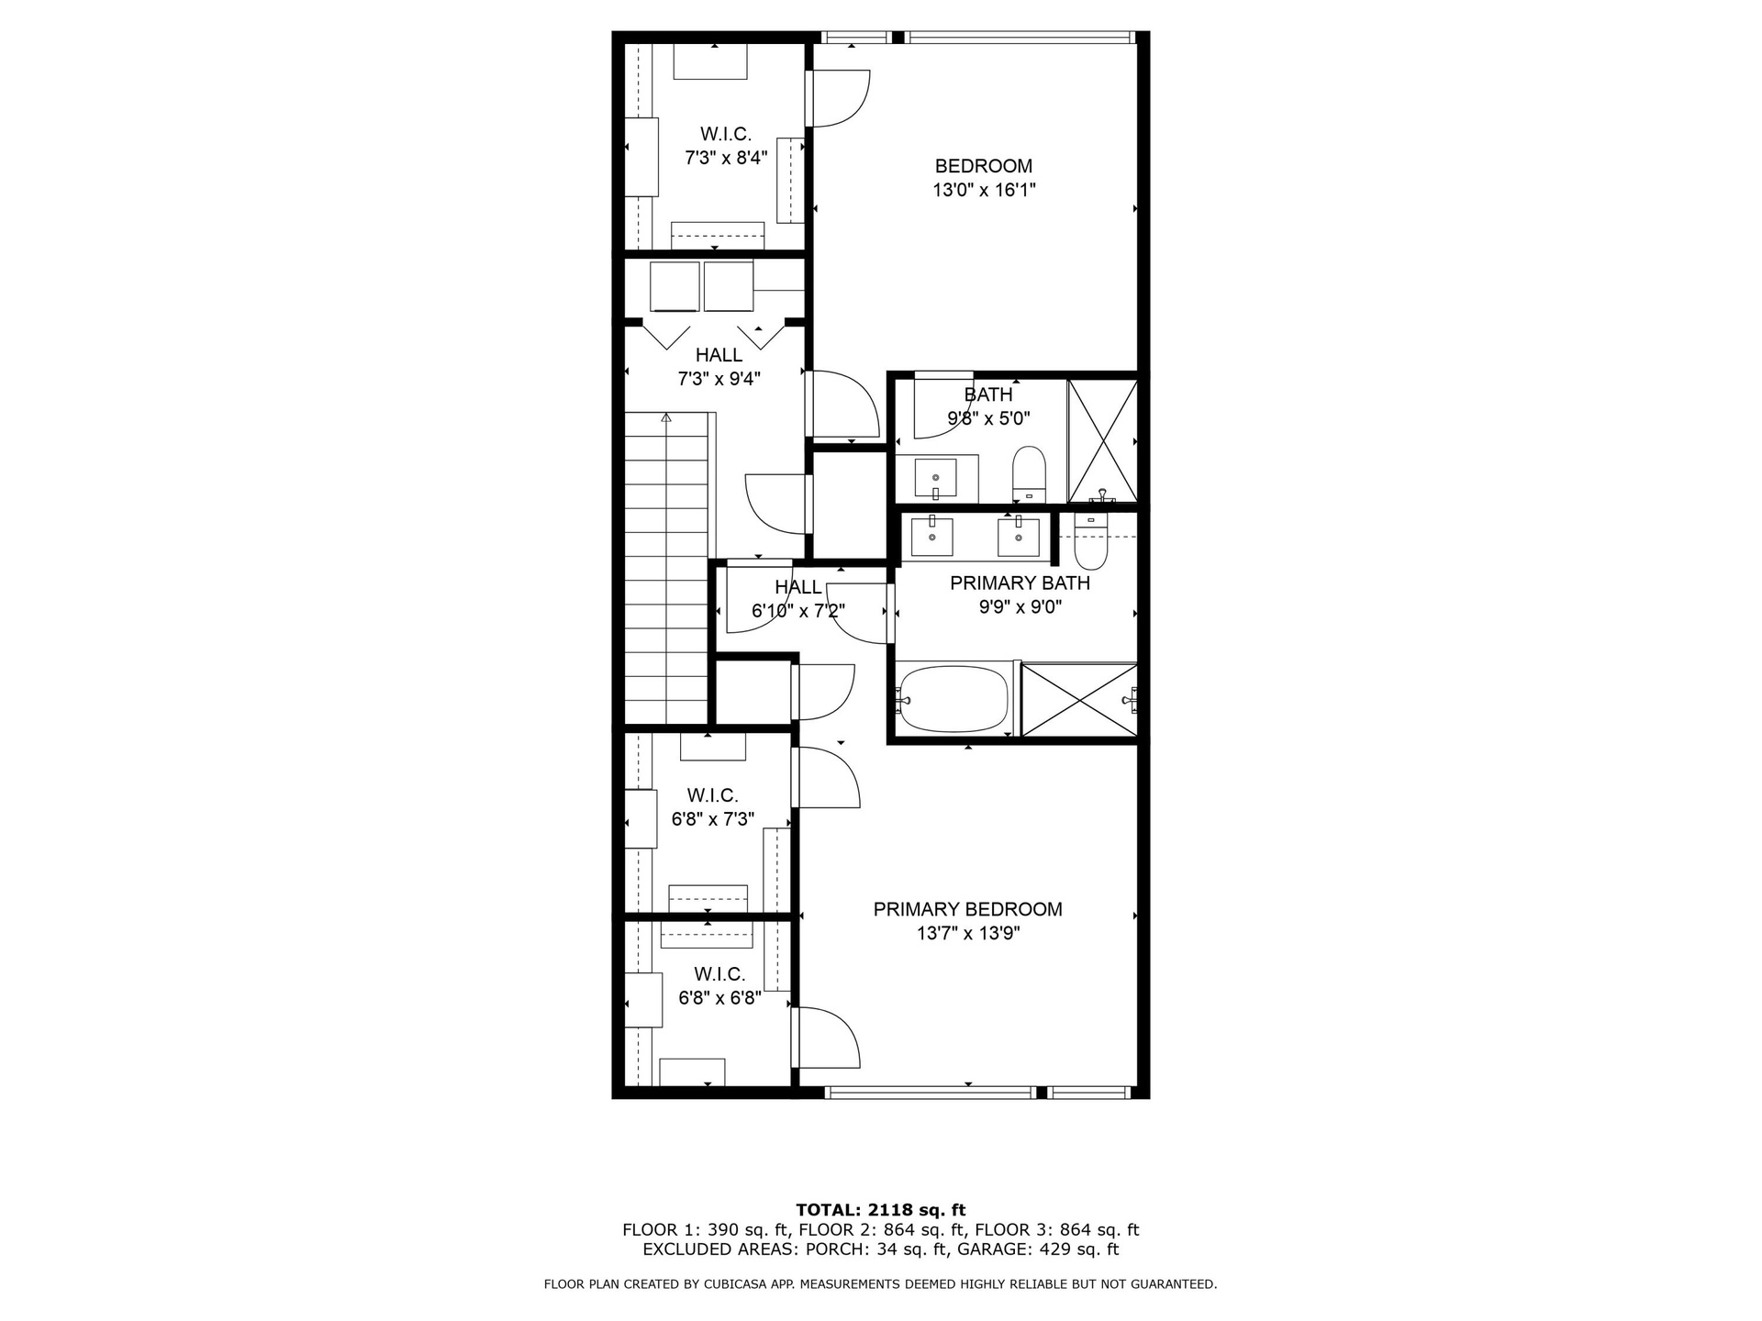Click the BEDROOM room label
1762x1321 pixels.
(x=983, y=166)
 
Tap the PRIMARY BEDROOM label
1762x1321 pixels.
(x=967, y=909)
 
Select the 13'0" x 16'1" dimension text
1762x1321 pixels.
(x=984, y=190)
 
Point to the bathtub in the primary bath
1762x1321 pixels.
(x=953, y=700)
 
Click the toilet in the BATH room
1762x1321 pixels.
(x=1028, y=474)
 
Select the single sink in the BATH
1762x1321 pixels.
(x=936, y=478)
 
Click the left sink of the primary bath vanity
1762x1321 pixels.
(x=931, y=537)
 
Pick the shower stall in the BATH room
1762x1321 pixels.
(x=1102, y=441)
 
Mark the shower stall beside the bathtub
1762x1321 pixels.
(x=1079, y=699)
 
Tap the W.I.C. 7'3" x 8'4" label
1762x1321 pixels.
(x=726, y=146)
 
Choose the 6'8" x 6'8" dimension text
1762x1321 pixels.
(x=719, y=998)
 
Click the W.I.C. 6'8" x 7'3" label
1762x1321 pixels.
(x=713, y=807)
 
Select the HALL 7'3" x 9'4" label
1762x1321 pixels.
(x=719, y=367)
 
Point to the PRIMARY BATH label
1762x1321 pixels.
(x=1020, y=583)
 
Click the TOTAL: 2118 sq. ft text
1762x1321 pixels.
(x=881, y=1210)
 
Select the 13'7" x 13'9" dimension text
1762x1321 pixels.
(x=968, y=934)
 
